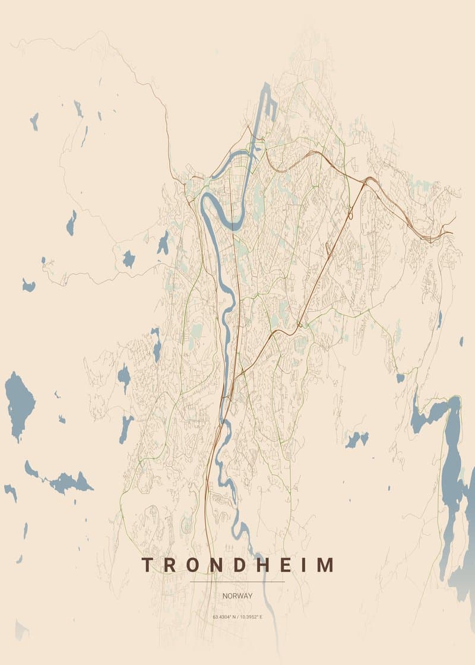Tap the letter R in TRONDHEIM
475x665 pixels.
pyautogui.click(x=169, y=565)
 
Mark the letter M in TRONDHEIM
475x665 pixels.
pyautogui.click(x=324, y=565)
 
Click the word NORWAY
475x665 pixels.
pyautogui.click(x=237, y=596)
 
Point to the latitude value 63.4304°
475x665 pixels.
pyautogui.click(x=224, y=617)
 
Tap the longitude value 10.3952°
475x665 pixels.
pyautogui.click(x=251, y=617)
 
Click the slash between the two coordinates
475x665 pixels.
pyautogui.click(x=237, y=617)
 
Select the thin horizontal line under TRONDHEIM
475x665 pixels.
pyautogui.click(x=237, y=582)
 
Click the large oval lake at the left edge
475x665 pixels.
pyautogui.click(x=20, y=404)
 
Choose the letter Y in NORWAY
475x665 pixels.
pyautogui.click(x=249, y=596)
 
